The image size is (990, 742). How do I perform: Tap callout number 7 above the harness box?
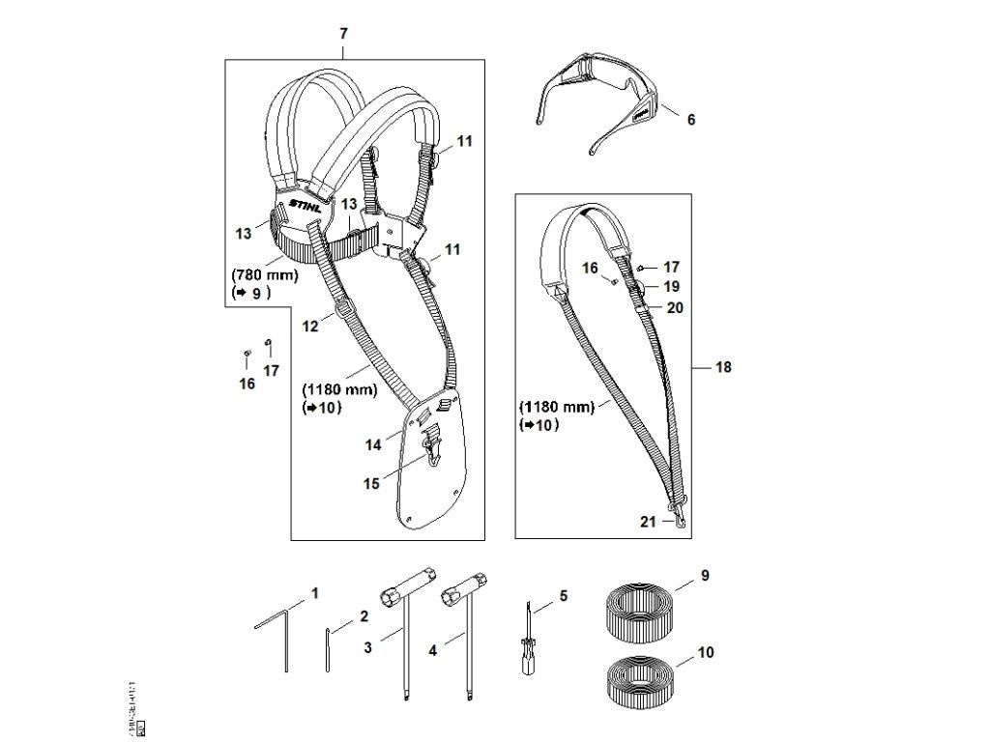point(344,34)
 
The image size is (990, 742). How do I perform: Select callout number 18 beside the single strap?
point(724,367)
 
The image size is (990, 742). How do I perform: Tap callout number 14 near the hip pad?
point(373,444)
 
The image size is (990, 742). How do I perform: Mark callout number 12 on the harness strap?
point(309,327)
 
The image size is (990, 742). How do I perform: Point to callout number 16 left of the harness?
point(247,384)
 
